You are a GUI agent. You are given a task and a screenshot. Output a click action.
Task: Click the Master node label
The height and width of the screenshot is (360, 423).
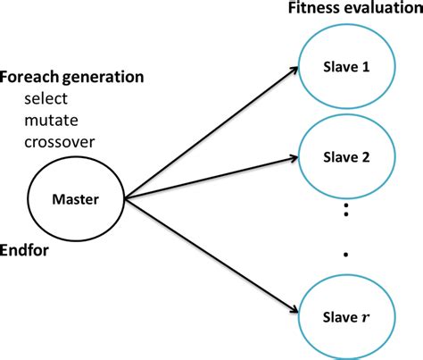click(x=75, y=199)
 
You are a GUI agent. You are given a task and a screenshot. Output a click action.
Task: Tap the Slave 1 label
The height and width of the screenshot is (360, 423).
click(x=346, y=67)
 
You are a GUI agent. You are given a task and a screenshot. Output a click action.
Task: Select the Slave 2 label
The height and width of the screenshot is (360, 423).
click(x=346, y=157)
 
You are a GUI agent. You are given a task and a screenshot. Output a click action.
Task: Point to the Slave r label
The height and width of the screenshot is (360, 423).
click(x=346, y=317)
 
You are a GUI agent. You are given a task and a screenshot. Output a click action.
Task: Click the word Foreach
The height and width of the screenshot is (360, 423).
click(x=29, y=77)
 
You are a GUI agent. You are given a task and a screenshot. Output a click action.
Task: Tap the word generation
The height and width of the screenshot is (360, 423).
click(x=104, y=78)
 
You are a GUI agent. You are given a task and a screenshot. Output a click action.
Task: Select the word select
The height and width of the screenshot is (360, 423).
click(x=46, y=98)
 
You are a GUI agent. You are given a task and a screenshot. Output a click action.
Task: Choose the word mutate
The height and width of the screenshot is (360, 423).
click(x=51, y=121)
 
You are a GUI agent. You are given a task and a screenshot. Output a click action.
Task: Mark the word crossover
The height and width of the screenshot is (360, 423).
click(x=60, y=142)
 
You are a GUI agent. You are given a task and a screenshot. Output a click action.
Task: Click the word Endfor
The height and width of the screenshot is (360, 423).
click(x=24, y=250)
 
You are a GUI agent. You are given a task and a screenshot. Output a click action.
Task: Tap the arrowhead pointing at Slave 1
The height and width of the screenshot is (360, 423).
click(x=294, y=70)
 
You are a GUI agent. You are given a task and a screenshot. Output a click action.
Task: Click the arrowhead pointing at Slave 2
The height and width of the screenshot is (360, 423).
click(x=294, y=158)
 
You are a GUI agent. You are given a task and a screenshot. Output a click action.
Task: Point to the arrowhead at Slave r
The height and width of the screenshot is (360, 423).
click(x=294, y=310)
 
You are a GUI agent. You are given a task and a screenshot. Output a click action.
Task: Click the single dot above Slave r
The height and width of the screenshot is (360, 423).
click(x=345, y=255)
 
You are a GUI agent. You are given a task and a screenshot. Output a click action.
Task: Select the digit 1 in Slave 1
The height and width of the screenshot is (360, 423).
click(x=366, y=67)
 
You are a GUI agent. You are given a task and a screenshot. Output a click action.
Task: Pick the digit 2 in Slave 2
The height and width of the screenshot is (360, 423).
click(x=366, y=157)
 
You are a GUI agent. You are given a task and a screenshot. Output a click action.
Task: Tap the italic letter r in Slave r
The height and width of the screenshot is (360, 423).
click(x=365, y=318)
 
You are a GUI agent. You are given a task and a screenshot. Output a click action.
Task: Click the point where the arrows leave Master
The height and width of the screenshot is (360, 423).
click(x=125, y=198)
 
